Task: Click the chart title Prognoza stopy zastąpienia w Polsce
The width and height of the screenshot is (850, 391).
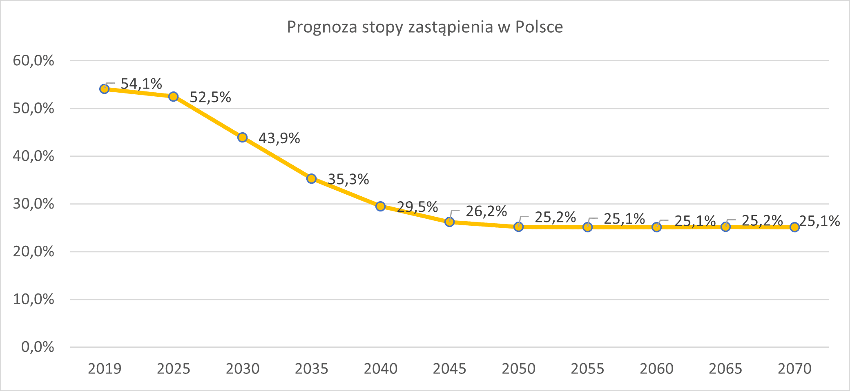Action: pos(425,27)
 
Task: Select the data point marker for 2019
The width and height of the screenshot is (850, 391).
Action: pos(105,89)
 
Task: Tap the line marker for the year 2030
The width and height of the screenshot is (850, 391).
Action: pos(242,137)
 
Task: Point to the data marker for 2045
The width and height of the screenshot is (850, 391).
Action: pos(449,222)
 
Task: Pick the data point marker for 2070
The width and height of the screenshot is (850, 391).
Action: pos(794,227)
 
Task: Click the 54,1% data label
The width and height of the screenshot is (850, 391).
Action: pos(141,84)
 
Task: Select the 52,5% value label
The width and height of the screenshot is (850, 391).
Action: pos(210,97)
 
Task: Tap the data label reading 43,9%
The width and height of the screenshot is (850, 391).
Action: pos(279,138)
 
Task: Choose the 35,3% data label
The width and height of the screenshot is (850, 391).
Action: pos(348,179)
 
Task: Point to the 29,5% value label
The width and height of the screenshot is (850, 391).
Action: pos(417,207)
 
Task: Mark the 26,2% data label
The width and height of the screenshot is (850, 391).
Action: pos(486,211)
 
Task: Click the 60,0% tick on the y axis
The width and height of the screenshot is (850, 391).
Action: pos(33,60)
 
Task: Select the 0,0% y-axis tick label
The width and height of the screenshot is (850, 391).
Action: pos(38,347)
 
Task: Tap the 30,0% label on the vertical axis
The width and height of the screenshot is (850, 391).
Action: pos(33,204)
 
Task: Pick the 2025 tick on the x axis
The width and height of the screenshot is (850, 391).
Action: pos(174,369)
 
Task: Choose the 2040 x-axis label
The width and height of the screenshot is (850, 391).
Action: pos(381,369)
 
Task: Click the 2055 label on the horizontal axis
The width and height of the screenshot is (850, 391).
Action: pos(587,369)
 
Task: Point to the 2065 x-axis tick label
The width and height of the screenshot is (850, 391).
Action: pos(725,369)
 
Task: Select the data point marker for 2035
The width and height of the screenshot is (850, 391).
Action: pos(311,178)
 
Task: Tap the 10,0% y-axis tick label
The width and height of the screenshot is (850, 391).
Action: pos(33,299)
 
